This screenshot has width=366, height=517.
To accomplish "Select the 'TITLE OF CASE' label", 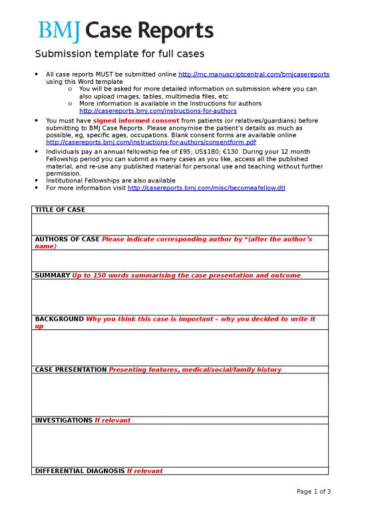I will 60,210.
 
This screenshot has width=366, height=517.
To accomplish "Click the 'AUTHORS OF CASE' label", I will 66,238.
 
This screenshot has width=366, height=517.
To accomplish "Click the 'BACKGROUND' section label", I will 59,319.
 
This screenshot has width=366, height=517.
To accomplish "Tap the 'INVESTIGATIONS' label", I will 63,420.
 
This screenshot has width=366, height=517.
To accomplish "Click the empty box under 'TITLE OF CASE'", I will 182,224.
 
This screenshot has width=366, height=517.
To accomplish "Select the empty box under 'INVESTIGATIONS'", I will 182,445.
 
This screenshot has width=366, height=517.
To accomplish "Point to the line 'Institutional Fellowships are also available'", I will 110,180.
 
